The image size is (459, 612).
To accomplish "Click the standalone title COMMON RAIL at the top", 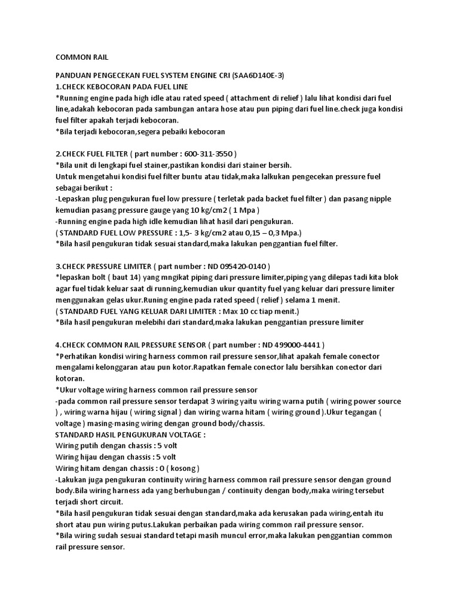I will click(x=82, y=57).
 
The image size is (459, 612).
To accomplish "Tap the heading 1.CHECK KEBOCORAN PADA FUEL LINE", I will click(x=121, y=87).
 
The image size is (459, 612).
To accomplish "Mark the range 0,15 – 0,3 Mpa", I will click(x=262, y=232).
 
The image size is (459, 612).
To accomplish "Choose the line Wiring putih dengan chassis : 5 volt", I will click(x=117, y=446).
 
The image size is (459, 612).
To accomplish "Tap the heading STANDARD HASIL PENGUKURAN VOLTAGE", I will click(x=130, y=434).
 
